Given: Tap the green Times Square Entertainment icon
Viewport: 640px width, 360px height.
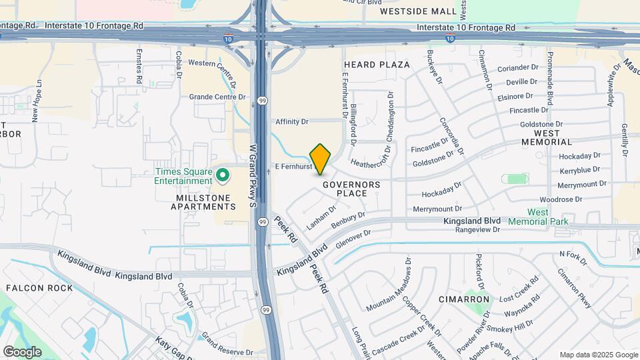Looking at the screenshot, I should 223,176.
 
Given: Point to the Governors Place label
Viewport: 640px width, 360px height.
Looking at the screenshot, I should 351,189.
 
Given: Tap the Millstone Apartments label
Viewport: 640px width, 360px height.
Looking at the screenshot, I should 196,202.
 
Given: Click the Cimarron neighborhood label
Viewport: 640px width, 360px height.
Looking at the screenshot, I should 465,300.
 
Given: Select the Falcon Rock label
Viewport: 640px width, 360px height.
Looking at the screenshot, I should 39,288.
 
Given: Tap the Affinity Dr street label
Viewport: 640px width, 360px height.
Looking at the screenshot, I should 292,122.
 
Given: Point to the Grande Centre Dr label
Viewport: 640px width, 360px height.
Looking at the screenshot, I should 217,97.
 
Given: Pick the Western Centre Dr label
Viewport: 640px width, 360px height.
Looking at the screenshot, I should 212,65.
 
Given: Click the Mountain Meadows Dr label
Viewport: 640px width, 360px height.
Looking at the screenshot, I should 389,286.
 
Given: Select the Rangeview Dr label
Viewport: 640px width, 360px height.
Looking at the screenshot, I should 477,230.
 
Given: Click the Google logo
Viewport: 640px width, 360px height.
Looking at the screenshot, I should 22,351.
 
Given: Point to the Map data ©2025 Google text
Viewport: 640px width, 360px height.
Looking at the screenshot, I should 598,355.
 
